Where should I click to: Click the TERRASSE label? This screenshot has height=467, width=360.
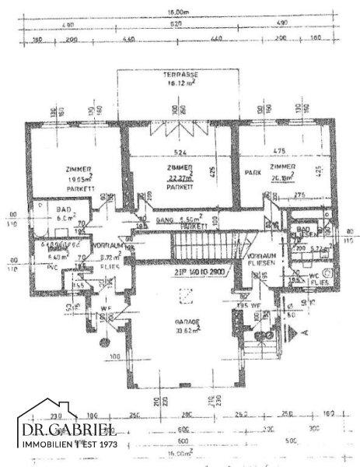pos(179,75)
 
